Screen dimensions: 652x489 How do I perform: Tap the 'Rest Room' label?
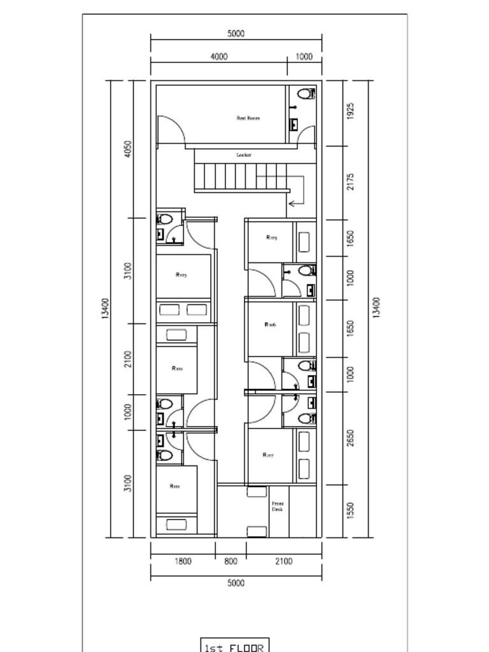point(248,118)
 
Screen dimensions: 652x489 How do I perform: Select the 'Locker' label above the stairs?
point(244,155)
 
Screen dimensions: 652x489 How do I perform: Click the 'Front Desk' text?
point(278,506)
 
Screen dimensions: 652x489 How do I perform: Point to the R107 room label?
point(268,455)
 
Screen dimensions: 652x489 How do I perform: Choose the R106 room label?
point(270,325)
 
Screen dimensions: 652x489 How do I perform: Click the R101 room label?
point(174,486)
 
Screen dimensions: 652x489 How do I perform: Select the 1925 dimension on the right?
point(351,111)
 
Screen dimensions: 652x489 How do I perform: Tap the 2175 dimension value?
point(351,182)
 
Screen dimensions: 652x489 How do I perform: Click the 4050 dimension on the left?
point(128,149)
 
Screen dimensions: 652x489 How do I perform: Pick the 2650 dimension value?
point(351,438)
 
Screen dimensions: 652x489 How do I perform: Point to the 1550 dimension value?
point(351,511)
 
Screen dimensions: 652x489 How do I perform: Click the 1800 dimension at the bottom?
point(183,562)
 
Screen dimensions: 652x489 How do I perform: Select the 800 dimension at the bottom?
point(230,562)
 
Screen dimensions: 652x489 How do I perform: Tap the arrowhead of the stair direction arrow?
point(291,203)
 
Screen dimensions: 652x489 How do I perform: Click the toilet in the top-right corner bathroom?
point(306,94)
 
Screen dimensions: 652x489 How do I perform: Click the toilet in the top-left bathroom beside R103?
point(165,220)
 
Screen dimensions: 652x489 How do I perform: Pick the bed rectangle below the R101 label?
point(176,525)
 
